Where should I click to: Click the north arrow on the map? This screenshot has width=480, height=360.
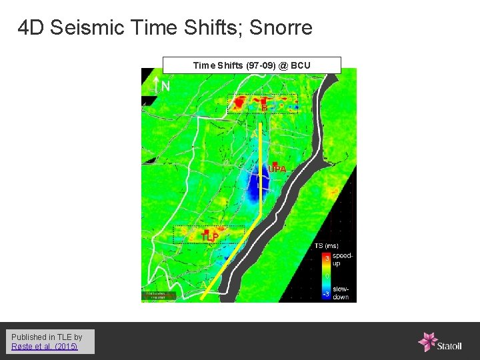click(x=155, y=85)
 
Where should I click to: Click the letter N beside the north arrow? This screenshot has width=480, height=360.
click(x=165, y=86)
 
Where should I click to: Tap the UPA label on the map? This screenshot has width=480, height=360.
click(x=277, y=169)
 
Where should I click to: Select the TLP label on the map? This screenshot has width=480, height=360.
click(x=210, y=237)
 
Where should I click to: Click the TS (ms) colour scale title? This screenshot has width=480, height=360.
click(x=326, y=246)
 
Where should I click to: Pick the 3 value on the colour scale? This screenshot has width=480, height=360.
click(x=327, y=257)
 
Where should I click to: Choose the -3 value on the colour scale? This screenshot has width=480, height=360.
click(x=326, y=293)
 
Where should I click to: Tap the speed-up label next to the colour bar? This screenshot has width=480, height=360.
click(x=341, y=259)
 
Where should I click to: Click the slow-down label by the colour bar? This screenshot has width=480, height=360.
click(x=341, y=293)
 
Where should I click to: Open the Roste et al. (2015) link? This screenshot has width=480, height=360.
click(x=45, y=347)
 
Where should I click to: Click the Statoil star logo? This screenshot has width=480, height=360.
click(x=427, y=341)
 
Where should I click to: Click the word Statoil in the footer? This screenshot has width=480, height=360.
click(x=453, y=345)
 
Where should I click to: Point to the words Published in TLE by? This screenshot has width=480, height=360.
click(x=47, y=337)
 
